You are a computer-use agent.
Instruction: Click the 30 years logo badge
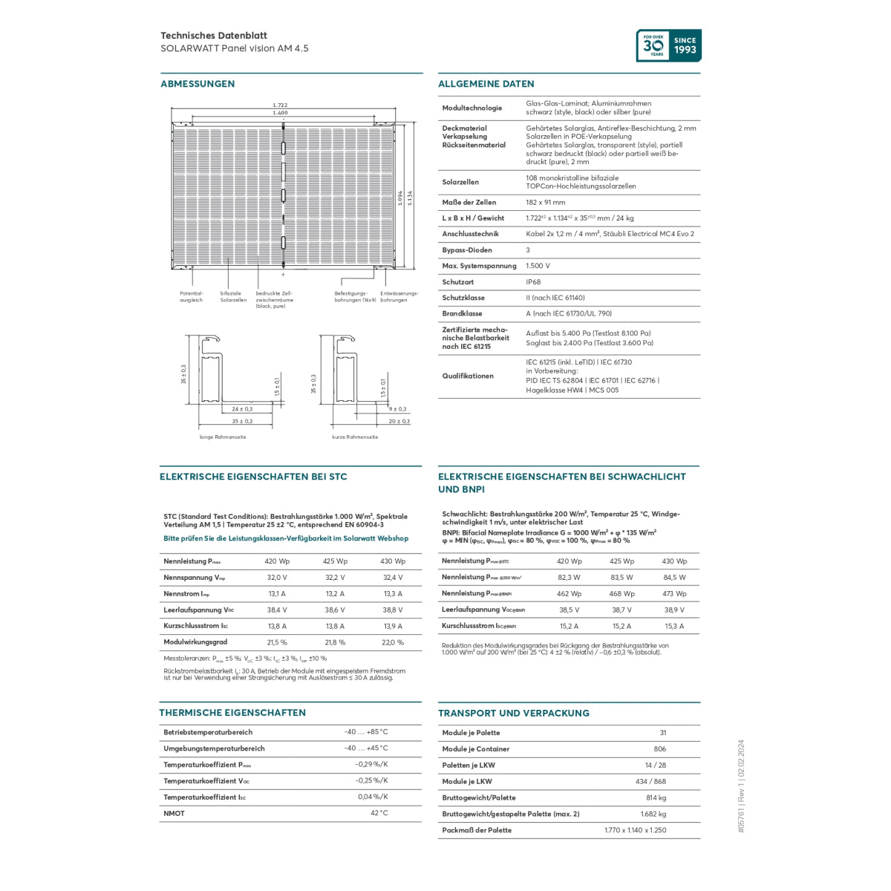pyautogui.click(x=668, y=45)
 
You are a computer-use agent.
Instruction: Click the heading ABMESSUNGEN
pyautogui.click(x=198, y=84)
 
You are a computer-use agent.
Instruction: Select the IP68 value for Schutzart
pyautogui.click(x=533, y=282)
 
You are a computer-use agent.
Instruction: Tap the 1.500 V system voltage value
pyautogui.click(x=538, y=266)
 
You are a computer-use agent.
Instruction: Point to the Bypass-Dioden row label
pyautogui.click(x=467, y=250)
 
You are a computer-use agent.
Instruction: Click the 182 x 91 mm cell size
pyautogui.click(x=545, y=202)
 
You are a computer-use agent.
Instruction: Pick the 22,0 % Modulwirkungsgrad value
pyautogui.click(x=393, y=642)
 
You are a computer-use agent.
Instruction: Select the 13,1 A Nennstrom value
pyautogui.click(x=277, y=594)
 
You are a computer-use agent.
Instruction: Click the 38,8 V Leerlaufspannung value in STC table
pyautogui.click(x=393, y=610)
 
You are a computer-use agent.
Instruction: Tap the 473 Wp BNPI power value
pyautogui.click(x=674, y=594)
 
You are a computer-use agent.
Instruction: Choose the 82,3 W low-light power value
pyautogui.click(x=569, y=578)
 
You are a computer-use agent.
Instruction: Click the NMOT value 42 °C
pyautogui.click(x=379, y=813)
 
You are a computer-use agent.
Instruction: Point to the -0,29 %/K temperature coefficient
pyautogui.click(x=371, y=764)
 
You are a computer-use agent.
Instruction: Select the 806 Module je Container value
pyautogui.click(x=659, y=749)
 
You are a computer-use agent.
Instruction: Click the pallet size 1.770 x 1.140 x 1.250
pyautogui.click(x=635, y=830)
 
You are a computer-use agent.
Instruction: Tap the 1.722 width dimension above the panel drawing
pyautogui.click(x=280, y=105)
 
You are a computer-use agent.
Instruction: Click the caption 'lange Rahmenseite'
pyautogui.click(x=223, y=437)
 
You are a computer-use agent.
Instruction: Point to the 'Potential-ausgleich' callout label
pyautogui.click(x=191, y=296)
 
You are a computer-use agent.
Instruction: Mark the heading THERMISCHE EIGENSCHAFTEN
pyautogui.click(x=232, y=713)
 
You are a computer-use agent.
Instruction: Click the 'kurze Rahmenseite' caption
pyautogui.click(x=355, y=437)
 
